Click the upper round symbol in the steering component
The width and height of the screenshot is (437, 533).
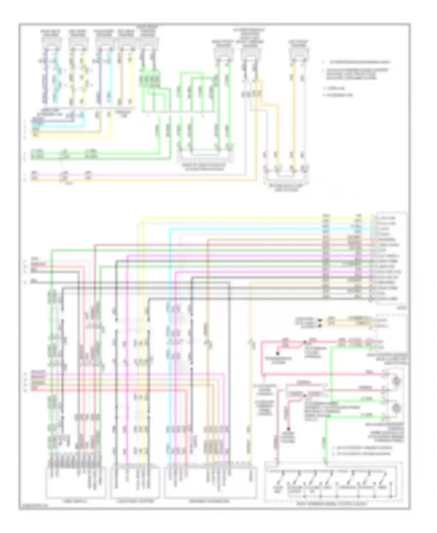coord(396,381)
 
